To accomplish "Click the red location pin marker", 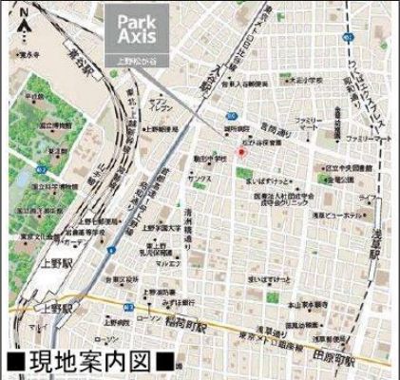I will coord(241,152).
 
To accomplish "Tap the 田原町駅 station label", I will coord(351,356).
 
